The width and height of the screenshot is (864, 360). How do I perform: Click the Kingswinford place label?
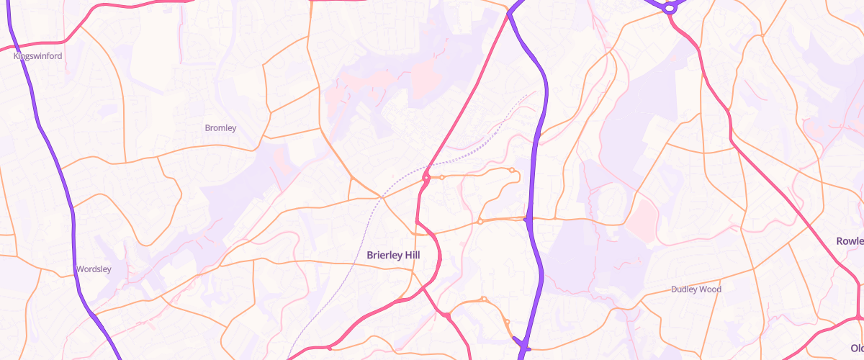(x=38, y=55)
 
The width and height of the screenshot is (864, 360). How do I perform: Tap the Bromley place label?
(x=220, y=128)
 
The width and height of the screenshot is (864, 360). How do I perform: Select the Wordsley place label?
(x=94, y=269)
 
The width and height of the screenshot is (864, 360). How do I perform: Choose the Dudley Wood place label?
(x=696, y=289)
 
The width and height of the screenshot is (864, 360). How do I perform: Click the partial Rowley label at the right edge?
(x=850, y=240)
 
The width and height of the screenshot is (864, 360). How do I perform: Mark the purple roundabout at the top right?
(x=669, y=9)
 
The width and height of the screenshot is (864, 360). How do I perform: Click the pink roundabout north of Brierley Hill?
(x=426, y=177)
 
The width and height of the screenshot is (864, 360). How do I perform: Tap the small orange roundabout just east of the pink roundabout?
(x=441, y=176)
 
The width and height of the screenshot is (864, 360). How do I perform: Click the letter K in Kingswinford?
(x=16, y=55)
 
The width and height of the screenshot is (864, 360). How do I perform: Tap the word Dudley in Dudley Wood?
(x=683, y=289)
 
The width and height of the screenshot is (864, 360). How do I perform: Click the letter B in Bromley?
(x=207, y=128)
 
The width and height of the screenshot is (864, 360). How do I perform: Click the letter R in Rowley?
(x=840, y=240)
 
